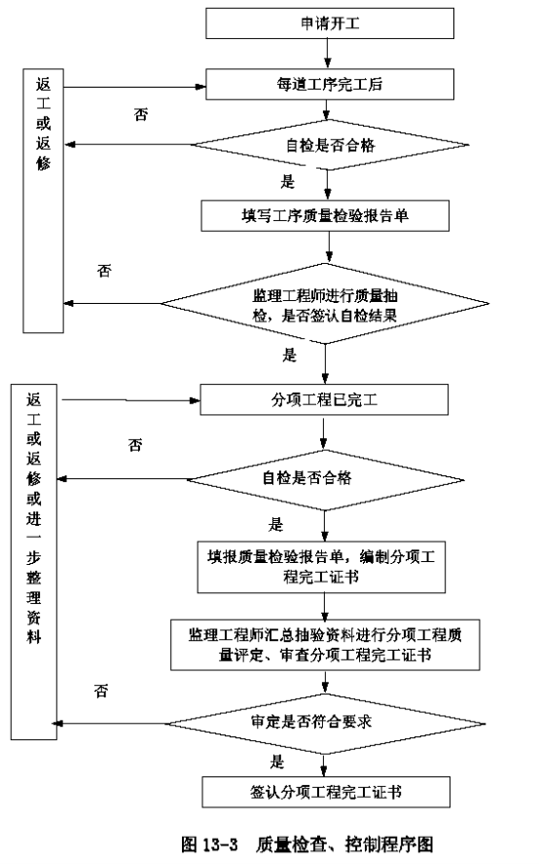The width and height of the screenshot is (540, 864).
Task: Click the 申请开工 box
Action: click(x=330, y=23)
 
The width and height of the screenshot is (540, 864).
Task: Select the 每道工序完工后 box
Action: click(x=330, y=85)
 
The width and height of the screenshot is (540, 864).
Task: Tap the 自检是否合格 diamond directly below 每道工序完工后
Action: click(x=330, y=145)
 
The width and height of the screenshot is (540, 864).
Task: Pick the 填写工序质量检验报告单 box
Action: click(x=325, y=215)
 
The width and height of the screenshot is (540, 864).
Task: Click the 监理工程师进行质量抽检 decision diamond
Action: click(x=325, y=304)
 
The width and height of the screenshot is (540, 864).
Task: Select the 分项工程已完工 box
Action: click(x=324, y=399)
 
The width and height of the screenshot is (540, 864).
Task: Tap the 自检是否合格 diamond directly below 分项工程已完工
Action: click(x=325, y=479)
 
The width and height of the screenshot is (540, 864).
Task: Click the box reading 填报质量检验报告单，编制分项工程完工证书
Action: click(x=321, y=567)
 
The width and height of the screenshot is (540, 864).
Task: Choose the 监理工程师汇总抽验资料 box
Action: click(x=325, y=645)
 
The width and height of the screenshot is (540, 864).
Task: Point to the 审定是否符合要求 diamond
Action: click(x=325, y=723)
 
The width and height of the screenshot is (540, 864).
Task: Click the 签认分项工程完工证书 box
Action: click(x=326, y=792)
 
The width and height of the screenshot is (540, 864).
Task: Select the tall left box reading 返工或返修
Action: click(x=43, y=201)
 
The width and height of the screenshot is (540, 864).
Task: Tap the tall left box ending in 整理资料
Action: click(x=34, y=561)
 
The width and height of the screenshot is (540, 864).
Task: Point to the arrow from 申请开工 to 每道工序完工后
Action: click(x=328, y=54)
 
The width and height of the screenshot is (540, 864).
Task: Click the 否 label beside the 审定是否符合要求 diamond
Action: click(x=101, y=691)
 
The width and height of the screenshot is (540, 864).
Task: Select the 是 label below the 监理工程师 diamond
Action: click(x=290, y=355)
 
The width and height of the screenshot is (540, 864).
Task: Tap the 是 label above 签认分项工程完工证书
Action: click(x=277, y=762)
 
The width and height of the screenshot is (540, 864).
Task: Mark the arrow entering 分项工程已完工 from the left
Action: click(x=131, y=400)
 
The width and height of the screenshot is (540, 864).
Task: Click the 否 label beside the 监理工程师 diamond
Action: click(x=104, y=271)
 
